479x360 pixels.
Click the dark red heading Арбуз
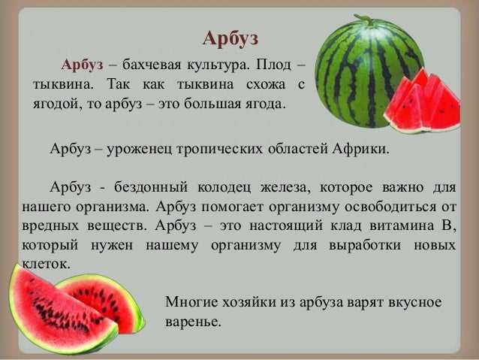click(230, 39)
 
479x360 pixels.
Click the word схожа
click(266, 84)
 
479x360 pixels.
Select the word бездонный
click(151, 187)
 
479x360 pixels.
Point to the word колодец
click(224, 188)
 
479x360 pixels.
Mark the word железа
click(285, 187)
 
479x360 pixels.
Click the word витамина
click(402, 226)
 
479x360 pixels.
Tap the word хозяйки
click(248, 302)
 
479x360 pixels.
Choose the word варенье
click(193, 322)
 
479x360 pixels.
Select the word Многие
click(191, 302)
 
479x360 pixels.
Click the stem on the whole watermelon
click(365, 19)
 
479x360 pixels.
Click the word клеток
click(46, 265)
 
